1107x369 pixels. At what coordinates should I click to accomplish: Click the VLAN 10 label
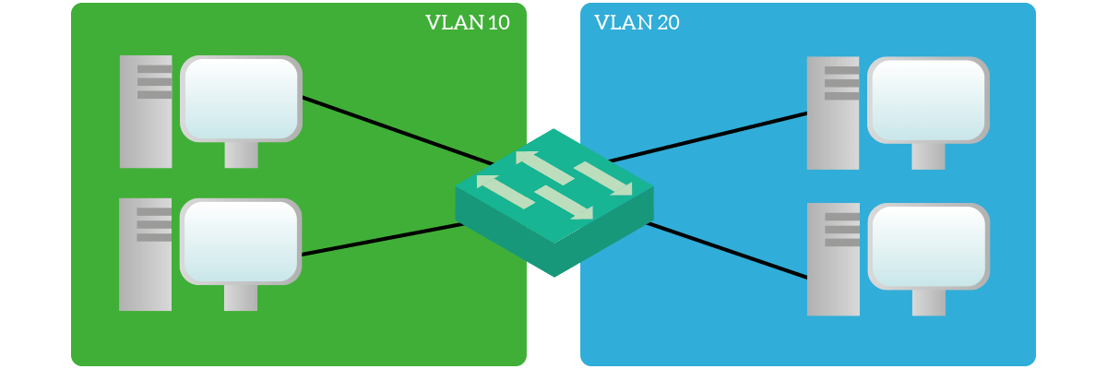coord(468,23)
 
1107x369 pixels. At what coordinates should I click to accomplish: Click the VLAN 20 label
coord(637,23)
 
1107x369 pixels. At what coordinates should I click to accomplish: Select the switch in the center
coord(554,203)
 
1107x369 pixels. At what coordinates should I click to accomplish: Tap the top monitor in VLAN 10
coord(241,99)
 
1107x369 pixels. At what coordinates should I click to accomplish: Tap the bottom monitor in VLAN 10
coord(241,242)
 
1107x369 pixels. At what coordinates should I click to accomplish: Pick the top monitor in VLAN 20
coord(928,101)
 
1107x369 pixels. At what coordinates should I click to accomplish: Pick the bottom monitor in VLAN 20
coord(929,246)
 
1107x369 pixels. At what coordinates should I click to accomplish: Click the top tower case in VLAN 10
coord(146,112)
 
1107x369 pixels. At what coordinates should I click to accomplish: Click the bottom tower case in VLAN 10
coord(146,255)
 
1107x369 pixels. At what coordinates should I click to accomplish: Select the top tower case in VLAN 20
coord(833,113)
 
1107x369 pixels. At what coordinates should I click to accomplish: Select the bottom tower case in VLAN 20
coord(833,259)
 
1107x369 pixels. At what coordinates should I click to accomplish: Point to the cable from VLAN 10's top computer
coord(398,131)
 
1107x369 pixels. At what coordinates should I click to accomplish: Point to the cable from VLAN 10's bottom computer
coord(382,240)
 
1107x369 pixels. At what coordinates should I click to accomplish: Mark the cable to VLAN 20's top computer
coord(708,137)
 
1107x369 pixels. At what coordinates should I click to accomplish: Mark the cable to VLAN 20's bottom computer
coord(727,250)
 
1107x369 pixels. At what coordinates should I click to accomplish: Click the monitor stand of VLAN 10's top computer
coord(241,155)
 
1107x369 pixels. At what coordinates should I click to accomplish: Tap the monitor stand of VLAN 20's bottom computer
coord(929,303)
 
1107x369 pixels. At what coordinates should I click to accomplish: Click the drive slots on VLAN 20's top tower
coord(841,83)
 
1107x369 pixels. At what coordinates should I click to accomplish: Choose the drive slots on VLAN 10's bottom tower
coord(154,225)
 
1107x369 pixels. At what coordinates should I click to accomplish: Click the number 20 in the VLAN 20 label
coord(668,23)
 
